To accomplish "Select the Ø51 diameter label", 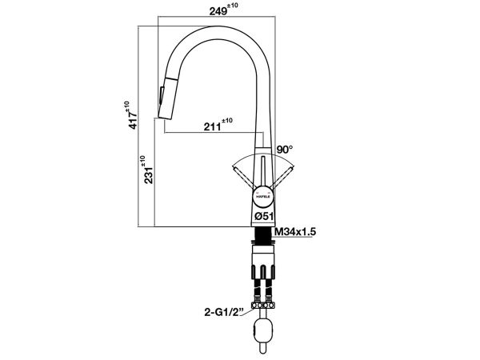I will click(264, 215).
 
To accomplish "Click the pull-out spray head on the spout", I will click(164, 98).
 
